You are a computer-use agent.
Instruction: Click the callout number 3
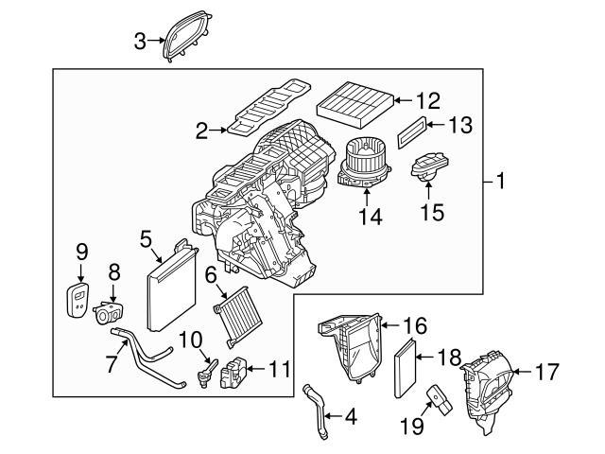coord(140,40)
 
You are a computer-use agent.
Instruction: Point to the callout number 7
coord(112,361)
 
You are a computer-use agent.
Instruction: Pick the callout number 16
coord(416,324)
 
